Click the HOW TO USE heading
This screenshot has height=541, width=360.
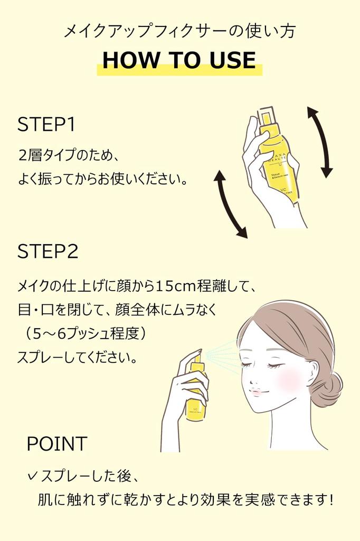coord(179,60)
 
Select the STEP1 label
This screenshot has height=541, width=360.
coord(46,125)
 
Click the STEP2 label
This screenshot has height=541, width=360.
coord(48,251)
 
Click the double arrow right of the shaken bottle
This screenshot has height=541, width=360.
coord(320,142)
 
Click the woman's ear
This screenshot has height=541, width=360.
coord(311,371)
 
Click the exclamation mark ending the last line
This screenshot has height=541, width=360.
coord(330,499)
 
